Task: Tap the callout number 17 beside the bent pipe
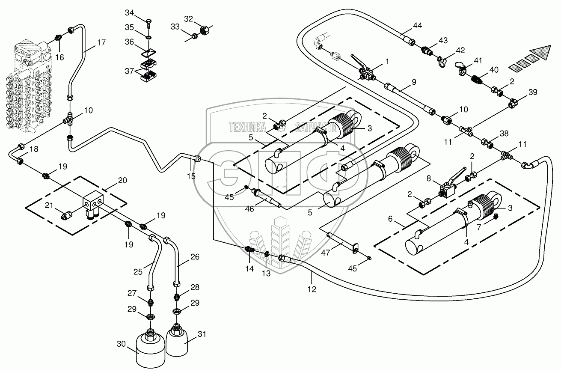coord(101,43)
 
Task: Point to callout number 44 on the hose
coord(417,26)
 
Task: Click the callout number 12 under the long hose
coord(312,289)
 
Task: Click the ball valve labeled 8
coord(447,187)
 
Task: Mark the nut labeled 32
coord(204,31)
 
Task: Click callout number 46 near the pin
coord(261,208)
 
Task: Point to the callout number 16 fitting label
coord(60,57)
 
